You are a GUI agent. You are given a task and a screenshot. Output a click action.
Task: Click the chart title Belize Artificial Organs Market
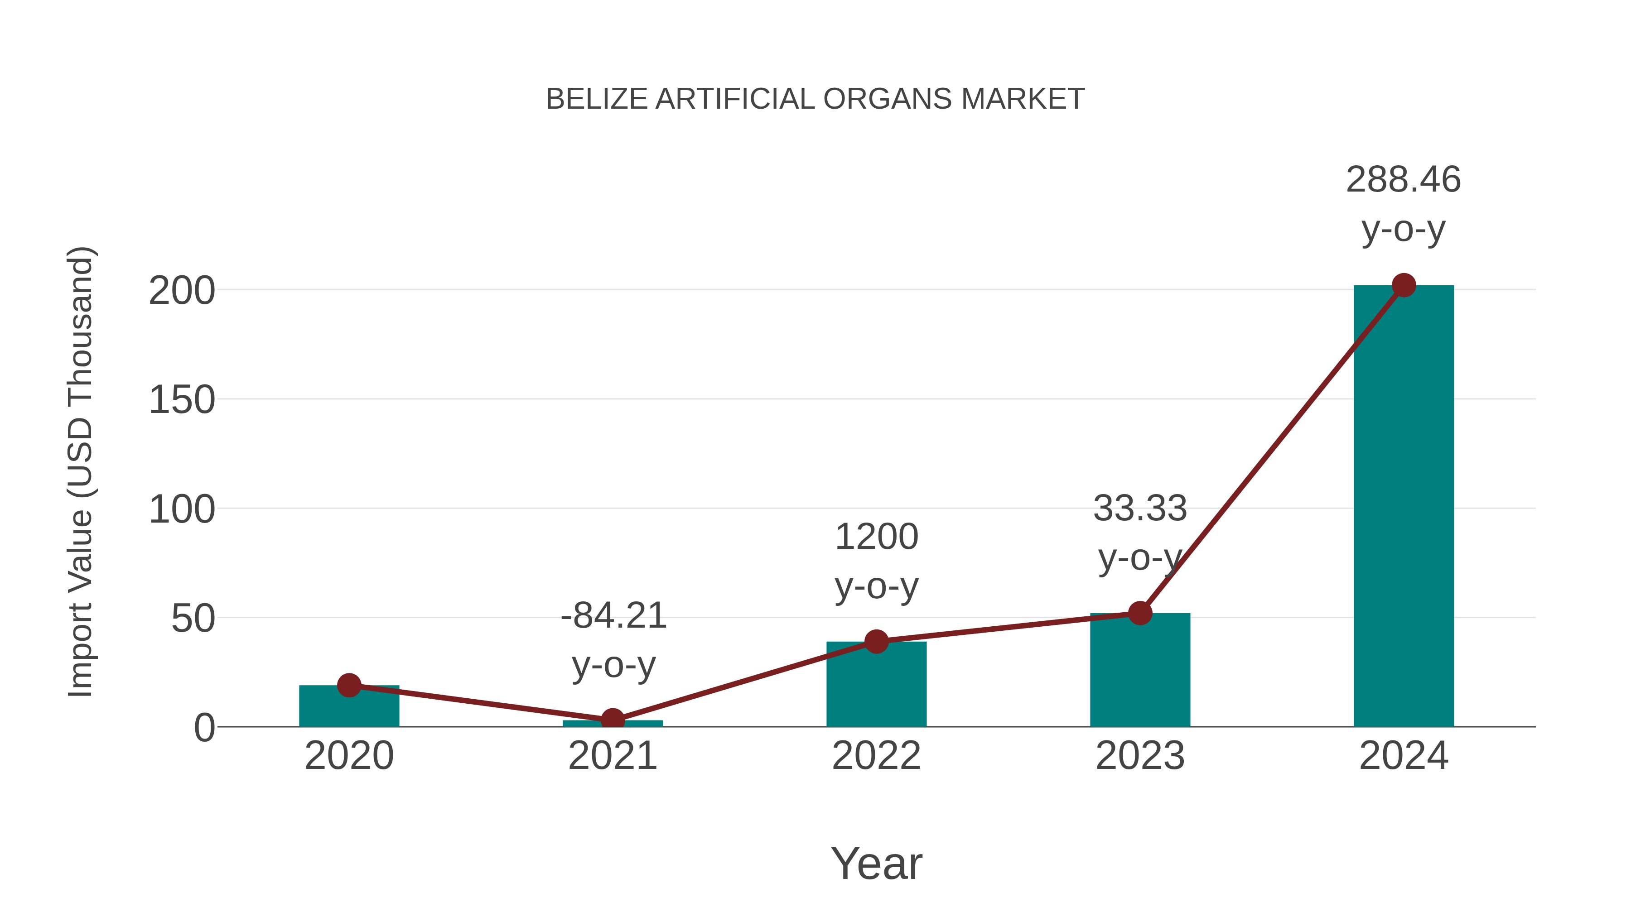(815, 99)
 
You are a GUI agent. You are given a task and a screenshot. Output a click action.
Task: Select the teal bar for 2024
(1403, 506)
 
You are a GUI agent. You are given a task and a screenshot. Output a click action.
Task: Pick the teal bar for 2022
(876, 687)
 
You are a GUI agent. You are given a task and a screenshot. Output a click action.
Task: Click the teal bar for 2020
(349, 707)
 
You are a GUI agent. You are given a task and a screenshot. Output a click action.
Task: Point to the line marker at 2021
(612, 720)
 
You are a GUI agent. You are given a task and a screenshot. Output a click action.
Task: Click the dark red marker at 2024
(1404, 285)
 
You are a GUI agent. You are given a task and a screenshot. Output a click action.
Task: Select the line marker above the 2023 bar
(1140, 613)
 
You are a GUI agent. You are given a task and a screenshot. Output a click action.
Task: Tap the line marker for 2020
(349, 685)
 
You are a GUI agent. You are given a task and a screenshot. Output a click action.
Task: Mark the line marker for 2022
(876, 641)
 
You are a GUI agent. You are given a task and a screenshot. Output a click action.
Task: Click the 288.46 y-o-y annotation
(1403, 204)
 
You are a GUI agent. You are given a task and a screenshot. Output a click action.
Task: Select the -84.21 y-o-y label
(613, 640)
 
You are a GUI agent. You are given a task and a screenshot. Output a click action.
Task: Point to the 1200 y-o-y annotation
(876, 562)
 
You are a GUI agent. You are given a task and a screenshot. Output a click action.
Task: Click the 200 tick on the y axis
(182, 291)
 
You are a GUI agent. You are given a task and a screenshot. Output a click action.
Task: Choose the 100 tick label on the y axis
(182, 509)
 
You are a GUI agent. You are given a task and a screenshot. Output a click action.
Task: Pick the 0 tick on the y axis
(204, 728)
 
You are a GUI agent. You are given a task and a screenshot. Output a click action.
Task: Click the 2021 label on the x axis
(612, 756)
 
